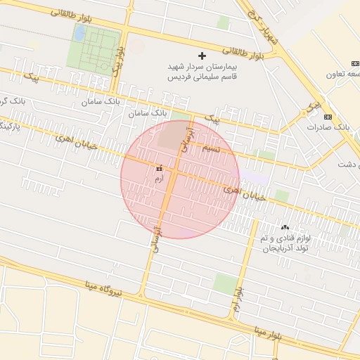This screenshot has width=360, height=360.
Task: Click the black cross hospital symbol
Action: (x=203, y=55)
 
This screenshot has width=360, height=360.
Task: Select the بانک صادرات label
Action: (x=328, y=128)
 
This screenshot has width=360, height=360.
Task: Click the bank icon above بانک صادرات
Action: (x=328, y=116)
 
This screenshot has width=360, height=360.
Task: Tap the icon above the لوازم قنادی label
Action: (x=285, y=227)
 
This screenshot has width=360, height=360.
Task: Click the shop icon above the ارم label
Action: (x=159, y=169)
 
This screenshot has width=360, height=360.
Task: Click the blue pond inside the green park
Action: (x=80, y=33)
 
